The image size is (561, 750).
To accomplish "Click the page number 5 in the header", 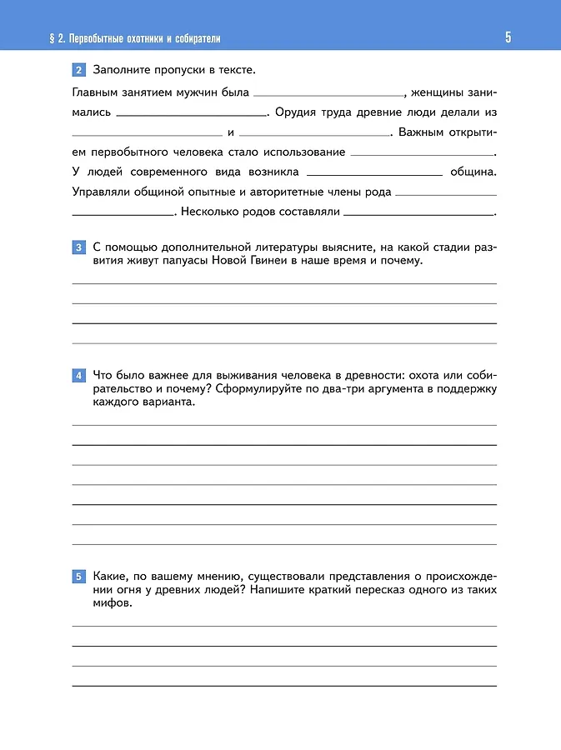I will [508, 37].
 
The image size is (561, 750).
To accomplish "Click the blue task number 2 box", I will [78, 69].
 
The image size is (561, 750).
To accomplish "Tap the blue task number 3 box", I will [78, 247].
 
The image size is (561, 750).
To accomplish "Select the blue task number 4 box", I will [78, 376].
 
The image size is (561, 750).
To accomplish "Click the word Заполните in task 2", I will [122, 69].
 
